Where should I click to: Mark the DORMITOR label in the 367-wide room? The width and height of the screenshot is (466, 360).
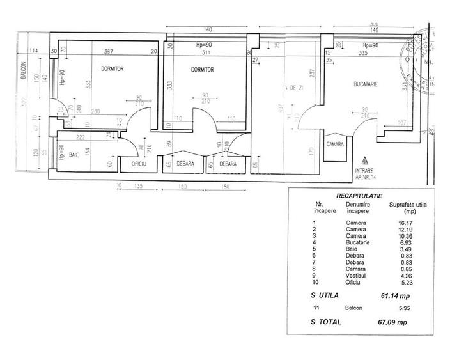pos(111,68)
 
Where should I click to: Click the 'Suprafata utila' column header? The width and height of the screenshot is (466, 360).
pos(408,206)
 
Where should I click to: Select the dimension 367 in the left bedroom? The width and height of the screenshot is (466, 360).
pos(109,52)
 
